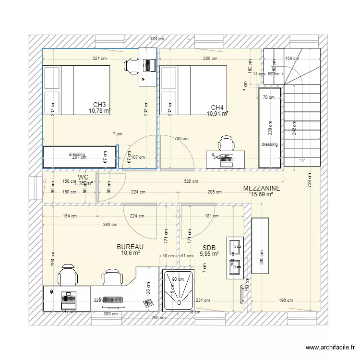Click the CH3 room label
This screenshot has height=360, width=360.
pos(99,105)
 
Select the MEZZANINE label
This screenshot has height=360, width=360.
pos(262,189)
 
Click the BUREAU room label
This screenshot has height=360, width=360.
pos(130,247)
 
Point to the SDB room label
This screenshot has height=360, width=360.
pos(209,248)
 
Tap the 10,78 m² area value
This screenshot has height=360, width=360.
pos(99,111)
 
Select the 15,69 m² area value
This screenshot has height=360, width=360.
pos(262,195)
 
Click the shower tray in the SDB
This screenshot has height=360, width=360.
pos(179,290)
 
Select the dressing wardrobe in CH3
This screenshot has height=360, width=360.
pos(80,156)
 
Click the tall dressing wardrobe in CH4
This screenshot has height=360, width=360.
pos(269,127)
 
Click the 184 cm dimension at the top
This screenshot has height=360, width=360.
pos(156,39)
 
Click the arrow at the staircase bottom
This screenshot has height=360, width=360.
pos(302,160)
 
